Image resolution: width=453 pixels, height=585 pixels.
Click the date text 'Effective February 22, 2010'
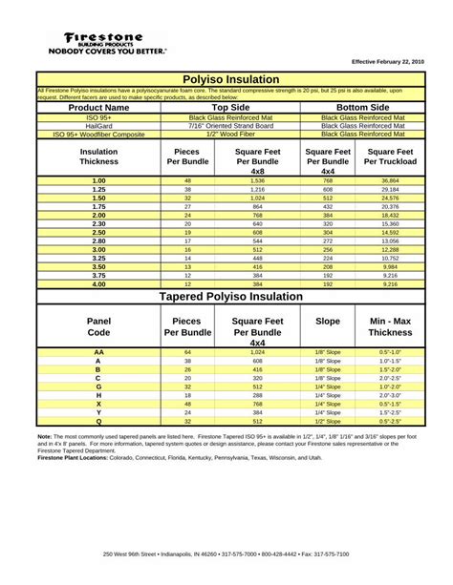click(387, 61)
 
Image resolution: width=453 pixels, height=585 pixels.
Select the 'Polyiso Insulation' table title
click(232, 78)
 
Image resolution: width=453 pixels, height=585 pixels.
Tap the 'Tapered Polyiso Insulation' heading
click(232, 297)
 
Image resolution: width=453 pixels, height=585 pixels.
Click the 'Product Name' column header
click(98, 108)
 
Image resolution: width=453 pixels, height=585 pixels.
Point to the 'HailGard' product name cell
click(98, 125)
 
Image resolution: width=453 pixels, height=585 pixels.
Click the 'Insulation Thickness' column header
click(98, 157)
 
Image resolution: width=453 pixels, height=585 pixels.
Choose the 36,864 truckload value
click(390, 180)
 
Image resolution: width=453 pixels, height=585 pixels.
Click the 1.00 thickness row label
click(98, 180)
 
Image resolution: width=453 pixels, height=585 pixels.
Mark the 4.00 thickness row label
click(98, 284)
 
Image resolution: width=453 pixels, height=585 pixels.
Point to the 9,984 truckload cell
click(390, 267)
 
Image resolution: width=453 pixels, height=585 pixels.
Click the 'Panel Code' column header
click(98, 327)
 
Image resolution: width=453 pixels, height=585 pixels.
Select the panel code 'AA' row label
click(98, 352)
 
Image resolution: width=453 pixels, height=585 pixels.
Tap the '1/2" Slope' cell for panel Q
click(328, 421)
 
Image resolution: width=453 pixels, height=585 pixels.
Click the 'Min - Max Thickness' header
click(390, 327)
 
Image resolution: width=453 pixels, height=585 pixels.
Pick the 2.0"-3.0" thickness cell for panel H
click(390, 395)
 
